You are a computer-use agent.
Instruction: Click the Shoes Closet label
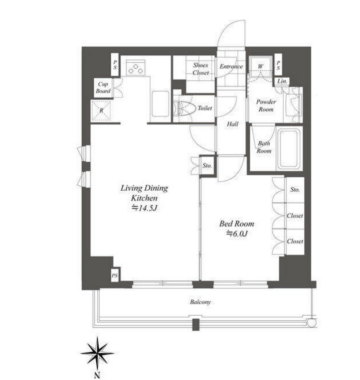[x=200, y=69]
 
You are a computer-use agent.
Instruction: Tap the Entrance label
[x=231, y=66]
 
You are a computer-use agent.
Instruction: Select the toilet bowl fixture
[x=184, y=109]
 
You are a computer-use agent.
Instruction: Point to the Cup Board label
[x=103, y=88]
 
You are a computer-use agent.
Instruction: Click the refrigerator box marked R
[x=101, y=111]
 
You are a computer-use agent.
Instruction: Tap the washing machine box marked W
[x=260, y=66]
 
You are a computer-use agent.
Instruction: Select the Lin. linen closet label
[x=282, y=82]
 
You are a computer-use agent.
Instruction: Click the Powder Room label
[x=266, y=106]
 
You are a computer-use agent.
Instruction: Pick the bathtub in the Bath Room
[x=288, y=149]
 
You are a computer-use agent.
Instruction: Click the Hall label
[x=232, y=124]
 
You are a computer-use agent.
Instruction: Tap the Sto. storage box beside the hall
[x=207, y=166]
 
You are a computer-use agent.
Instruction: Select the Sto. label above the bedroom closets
[x=295, y=190]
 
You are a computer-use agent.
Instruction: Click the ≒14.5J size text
[x=145, y=208]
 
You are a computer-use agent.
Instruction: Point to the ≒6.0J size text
[x=237, y=234]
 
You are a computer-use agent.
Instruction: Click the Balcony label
[x=200, y=302]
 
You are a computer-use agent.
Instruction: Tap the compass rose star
[x=97, y=354]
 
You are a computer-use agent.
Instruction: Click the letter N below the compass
[x=97, y=376]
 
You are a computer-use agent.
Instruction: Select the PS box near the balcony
[x=115, y=275]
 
